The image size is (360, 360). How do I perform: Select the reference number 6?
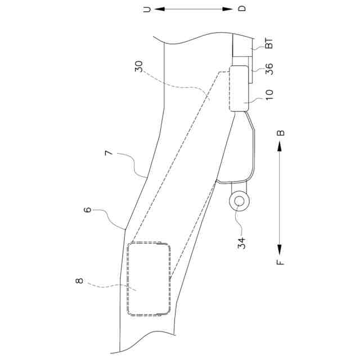pyautogui.click(x=87, y=210)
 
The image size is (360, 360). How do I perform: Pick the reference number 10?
pyautogui.click(x=269, y=94)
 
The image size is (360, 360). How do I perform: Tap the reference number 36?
pyautogui.click(x=269, y=69)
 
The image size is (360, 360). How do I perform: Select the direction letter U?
pyautogui.click(x=147, y=10)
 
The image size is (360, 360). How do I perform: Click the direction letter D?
pyautogui.click(x=242, y=10)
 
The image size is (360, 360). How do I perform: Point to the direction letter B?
pyautogui.click(x=281, y=133)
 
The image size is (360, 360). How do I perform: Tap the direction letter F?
pyautogui.click(x=281, y=260)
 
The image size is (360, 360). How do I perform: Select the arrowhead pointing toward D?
pyautogui.click(x=229, y=10)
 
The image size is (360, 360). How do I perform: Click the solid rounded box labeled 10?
pyautogui.click(x=239, y=89)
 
